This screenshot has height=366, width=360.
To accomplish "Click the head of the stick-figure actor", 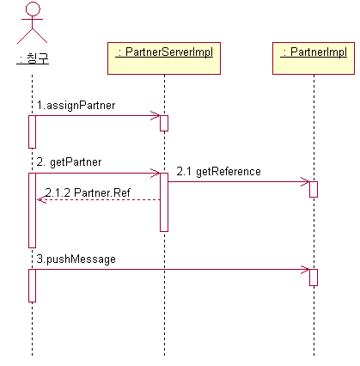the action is [x=33, y=9].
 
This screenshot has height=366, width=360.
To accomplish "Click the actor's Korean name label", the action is [x=33, y=58].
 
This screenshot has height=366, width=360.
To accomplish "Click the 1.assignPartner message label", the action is [x=76, y=106].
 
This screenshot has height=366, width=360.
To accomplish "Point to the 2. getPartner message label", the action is [x=69, y=162].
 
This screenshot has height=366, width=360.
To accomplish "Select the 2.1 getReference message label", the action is [x=218, y=171].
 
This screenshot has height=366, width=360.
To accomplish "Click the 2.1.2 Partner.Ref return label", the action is [x=88, y=192].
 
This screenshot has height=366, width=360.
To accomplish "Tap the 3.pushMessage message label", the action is [x=76, y=259].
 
